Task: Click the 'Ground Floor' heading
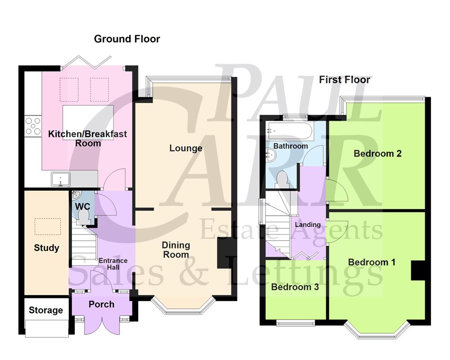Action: coord(126,39)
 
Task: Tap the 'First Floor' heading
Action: coord(345,80)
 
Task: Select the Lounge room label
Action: coord(186,148)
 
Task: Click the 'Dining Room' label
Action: coord(176,250)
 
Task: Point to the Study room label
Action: coord(46,248)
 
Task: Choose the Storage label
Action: coord(46,310)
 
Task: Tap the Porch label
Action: coord(101,304)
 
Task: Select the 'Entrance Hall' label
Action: coord(113,264)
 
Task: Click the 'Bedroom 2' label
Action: coord(378,153)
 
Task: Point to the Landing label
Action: coord(308,225)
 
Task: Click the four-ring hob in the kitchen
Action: coord(33,126)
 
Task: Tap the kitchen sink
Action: coord(61,180)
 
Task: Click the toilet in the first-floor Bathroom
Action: coord(283,179)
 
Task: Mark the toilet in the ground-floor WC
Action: coord(83,218)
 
